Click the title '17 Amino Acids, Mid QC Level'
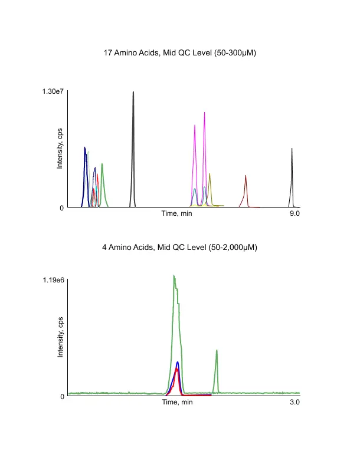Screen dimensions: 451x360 [179, 53]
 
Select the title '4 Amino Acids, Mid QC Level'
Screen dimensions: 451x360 [179, 248]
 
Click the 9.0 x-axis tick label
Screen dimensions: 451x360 [294, 213]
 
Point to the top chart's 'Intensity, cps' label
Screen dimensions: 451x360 [60, 149]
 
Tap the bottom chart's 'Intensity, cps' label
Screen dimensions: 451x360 [60, 338]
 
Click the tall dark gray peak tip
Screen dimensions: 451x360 [133, 93]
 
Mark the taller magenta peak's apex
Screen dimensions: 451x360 [204, 113]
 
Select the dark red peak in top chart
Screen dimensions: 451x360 [246, 176]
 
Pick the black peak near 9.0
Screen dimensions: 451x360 [292, 149]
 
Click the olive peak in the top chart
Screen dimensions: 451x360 [210, 174]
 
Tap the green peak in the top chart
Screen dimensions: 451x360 [102, 164]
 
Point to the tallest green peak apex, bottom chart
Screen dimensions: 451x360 [174, 275]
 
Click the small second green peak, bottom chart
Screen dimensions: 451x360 [217, 351]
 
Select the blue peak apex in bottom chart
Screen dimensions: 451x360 [177, 362]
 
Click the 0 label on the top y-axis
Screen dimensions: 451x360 [61, 208]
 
